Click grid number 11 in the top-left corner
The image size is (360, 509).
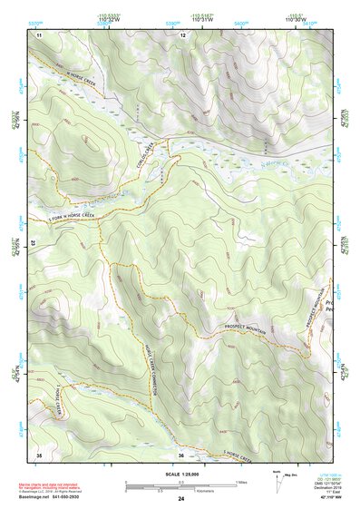[40, 34]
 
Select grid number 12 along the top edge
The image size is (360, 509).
[182, 34]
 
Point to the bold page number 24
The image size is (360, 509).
[181, 499]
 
